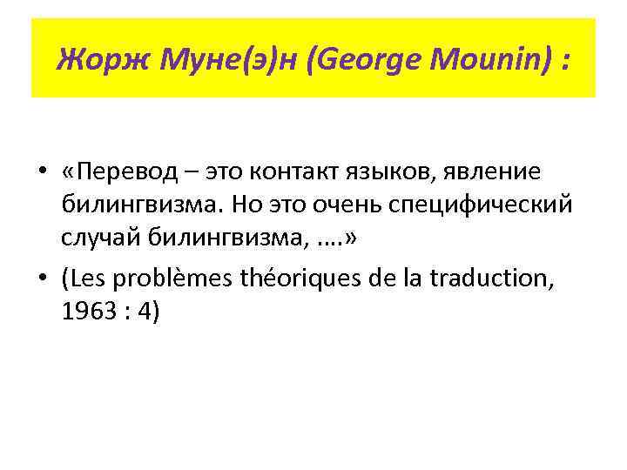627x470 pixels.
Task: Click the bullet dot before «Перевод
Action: coord(42,173)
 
